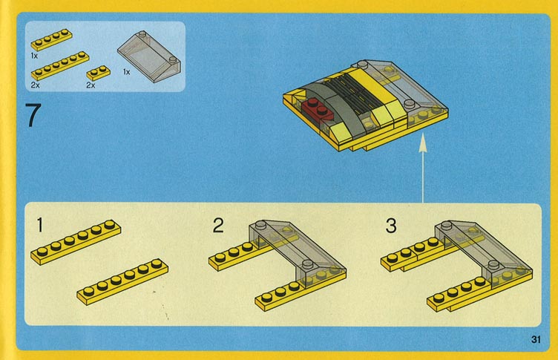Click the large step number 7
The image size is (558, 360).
pos(33,115)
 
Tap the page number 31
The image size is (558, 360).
pos(536,339)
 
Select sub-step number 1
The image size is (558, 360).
pos(40,225)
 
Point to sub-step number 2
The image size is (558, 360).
pos(218,226)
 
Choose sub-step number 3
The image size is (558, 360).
pos(391,226)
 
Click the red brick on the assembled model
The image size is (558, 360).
pos(318,109)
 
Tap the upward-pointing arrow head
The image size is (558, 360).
pos(423,143)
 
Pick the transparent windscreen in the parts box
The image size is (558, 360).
pos(149,56)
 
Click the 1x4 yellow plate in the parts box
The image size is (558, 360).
pos(52,39)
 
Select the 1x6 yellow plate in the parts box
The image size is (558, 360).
pos(60,66)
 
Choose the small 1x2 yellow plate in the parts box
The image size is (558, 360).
pos(98,73)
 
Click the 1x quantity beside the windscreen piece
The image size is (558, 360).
pos(126,72)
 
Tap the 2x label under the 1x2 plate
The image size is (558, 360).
pos(91,85)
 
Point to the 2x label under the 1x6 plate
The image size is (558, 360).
pos(35,85)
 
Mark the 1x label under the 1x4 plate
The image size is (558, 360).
pos(34,56)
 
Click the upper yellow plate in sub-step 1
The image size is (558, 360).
pos(76,242)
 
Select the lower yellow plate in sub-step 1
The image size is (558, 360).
pos(122,281)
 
